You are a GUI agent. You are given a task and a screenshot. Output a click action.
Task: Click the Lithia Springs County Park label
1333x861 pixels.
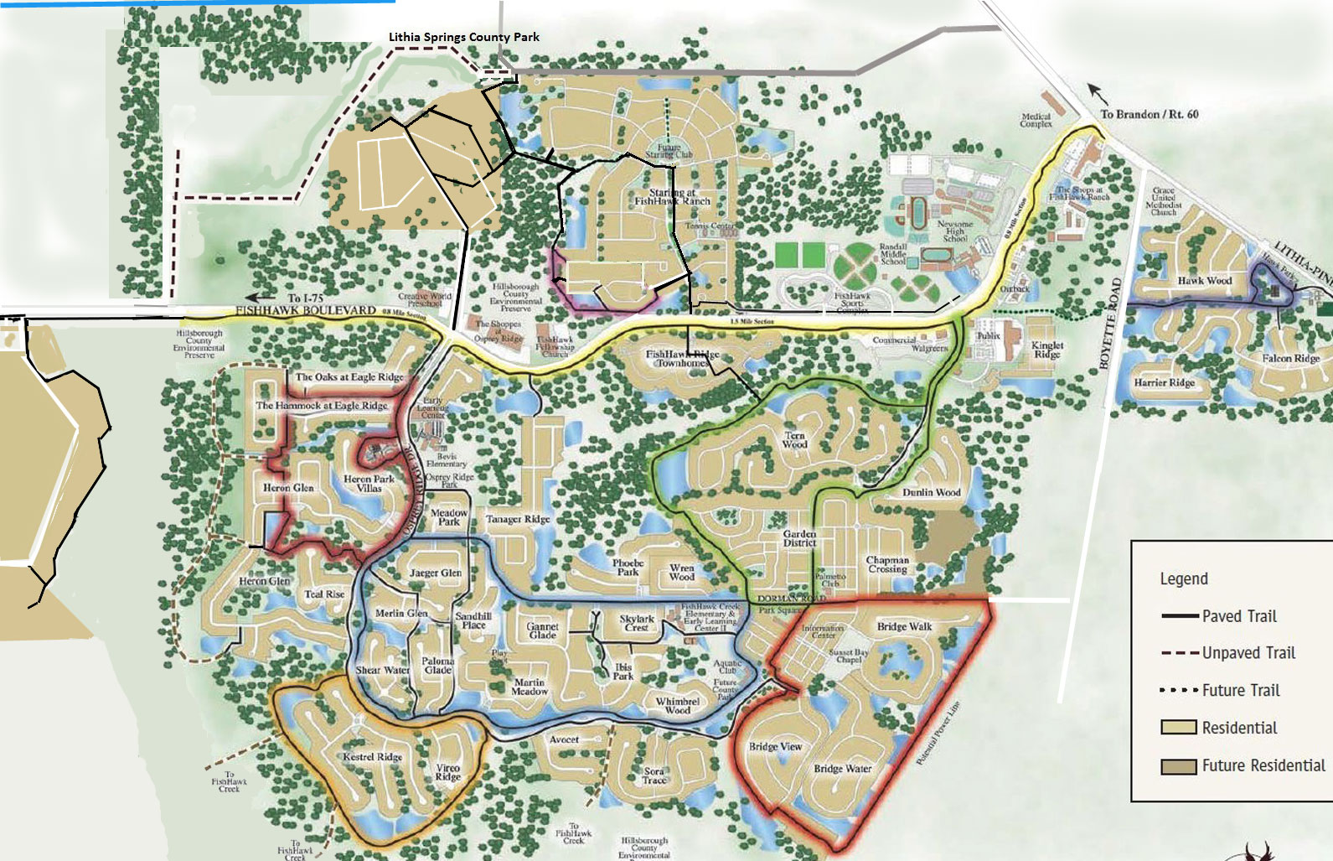point(463,37)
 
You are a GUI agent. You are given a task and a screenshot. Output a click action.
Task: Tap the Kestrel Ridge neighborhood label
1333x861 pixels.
point(373,757)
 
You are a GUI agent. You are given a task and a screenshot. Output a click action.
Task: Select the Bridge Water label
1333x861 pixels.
point(842,769)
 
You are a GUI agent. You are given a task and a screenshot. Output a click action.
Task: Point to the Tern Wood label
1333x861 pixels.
point(794,440)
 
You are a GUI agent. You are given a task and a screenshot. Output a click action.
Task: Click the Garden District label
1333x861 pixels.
point(799,538)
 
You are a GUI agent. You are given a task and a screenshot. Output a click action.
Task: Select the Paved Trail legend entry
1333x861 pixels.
point(1238,616)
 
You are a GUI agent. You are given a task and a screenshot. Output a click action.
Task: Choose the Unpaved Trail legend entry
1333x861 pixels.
point(1248,653)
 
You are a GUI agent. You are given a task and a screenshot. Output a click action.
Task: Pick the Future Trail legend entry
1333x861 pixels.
point(1240,691)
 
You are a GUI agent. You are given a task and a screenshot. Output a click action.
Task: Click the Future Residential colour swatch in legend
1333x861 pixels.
point(1177,766)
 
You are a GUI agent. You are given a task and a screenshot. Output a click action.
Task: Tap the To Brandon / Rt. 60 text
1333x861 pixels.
point(1149,114)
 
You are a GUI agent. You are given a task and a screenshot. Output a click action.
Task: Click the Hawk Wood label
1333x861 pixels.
point(1204,281)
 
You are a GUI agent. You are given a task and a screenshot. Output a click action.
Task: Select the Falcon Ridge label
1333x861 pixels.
point(1290,358)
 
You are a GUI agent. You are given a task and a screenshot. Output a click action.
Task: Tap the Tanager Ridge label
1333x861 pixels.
point(518,520)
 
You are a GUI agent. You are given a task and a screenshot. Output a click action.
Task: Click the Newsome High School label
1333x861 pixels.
point(955,231)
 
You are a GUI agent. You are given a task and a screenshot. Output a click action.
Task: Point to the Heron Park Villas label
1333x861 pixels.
point(369,484)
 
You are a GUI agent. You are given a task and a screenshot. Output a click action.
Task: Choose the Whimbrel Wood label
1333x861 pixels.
point(677,706)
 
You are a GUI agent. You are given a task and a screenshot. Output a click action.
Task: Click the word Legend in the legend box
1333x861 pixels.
point(1183,578)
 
